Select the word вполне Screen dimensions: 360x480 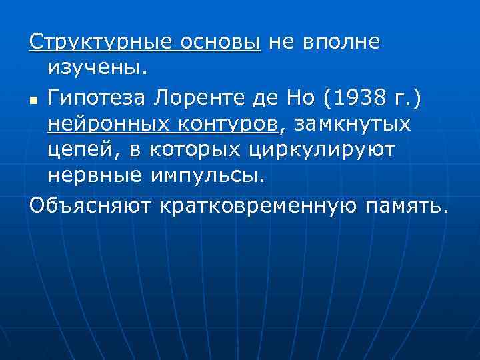[342, 42]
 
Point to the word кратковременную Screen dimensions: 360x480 [259, 204]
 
